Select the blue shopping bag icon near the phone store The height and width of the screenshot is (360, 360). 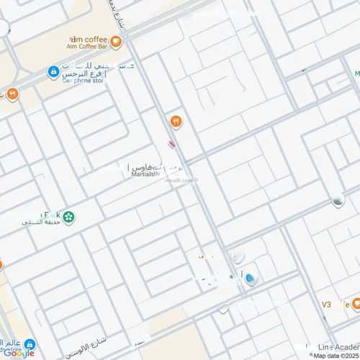pos(53,71)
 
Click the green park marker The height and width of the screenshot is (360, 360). pos(68,215)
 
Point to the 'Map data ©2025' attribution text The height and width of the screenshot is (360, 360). pos(334,355)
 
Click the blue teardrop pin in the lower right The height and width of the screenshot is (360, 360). pos(250,279)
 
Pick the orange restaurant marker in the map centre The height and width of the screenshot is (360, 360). pos(174,121)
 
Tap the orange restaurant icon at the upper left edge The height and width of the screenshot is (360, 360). pos(13,94)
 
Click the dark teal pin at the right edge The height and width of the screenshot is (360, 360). pos(338,202)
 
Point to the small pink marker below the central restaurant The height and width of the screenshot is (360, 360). pos(171,143)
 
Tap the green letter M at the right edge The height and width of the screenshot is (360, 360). pos(356,73)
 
